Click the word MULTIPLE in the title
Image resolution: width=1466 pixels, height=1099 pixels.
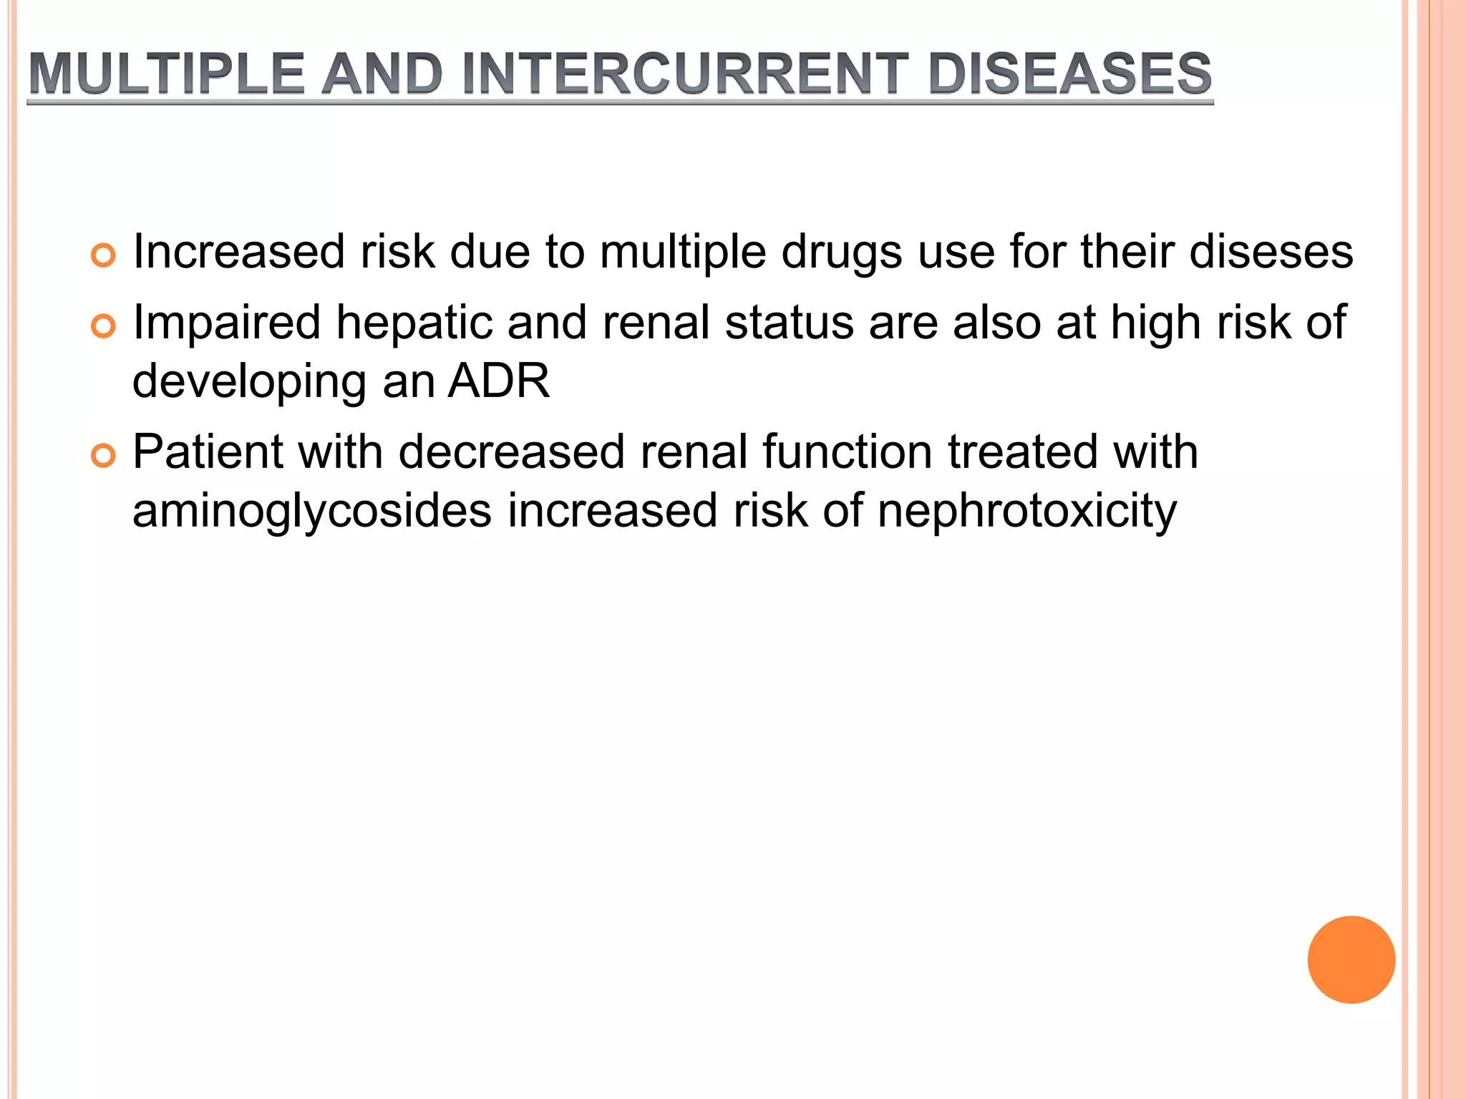click(167, 74)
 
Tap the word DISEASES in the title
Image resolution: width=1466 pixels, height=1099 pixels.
click(1069, 74)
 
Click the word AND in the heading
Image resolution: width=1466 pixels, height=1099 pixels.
click(382, 74)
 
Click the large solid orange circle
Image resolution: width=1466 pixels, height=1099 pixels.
click(1351, 959)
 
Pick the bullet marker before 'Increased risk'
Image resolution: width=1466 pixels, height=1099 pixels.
click(104, 255)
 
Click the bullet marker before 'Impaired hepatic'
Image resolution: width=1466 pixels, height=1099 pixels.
click(104, 326)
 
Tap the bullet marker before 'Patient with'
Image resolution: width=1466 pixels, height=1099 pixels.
click(104, 456)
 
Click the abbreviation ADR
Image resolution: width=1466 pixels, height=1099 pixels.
click(498, 381)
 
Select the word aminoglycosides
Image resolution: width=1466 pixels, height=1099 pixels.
click(312, 511)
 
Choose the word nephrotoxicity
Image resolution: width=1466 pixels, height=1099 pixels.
click(1026, 511)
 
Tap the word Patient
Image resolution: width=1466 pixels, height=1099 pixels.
click(208, 452)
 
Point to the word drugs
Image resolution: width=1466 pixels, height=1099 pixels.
click(842, 253)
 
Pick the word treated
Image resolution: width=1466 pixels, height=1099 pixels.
click(1023, 452)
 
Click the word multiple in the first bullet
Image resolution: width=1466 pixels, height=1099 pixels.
click(682, 253)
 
